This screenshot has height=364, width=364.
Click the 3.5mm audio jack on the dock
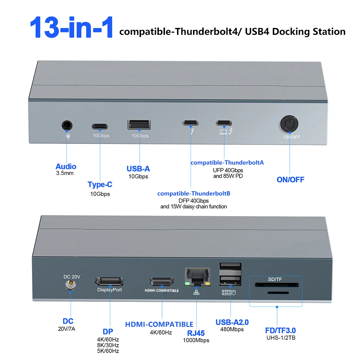[x=67, y=125]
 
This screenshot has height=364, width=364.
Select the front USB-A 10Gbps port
[x=139, y=125]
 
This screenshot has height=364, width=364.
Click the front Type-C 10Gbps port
[x=101, y=125]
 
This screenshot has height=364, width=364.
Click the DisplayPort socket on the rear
[x=109, y=281]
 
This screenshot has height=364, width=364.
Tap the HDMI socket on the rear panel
[x=162, y=282]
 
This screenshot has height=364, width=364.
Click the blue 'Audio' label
[x=66, y=166]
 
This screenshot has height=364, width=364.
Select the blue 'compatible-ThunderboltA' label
[x=227, y=162]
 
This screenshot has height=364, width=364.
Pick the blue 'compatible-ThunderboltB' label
[x=194, y=193]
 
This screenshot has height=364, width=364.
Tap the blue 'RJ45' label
[x=196, y=333]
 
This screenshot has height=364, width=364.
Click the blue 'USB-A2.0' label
[x=232, y=322]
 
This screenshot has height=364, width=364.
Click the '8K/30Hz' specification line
[x=108, y=345]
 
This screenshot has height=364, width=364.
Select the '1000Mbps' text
[x=196, y=340]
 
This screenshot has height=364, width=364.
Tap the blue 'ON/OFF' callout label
[x=290, y=180]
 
